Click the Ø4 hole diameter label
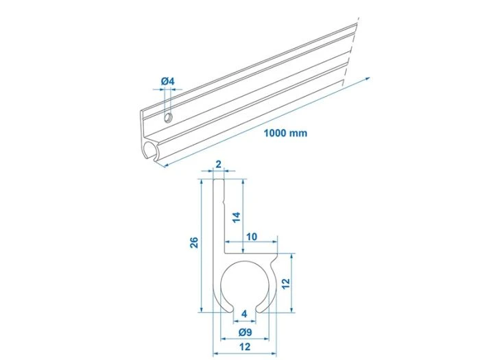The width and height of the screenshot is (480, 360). point(168,82)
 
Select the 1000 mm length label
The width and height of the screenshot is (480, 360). point(285,132)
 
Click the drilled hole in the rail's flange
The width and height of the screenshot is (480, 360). point(167,117)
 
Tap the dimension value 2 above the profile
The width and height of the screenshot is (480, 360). point(218,164)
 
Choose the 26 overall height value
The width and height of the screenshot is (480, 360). point(193,243)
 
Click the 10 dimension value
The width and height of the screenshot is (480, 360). point(252,237)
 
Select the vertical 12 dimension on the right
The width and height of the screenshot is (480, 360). point(285,282)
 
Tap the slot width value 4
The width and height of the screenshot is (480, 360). point(245,315)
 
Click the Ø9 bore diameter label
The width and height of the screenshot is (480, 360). point(245,332)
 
